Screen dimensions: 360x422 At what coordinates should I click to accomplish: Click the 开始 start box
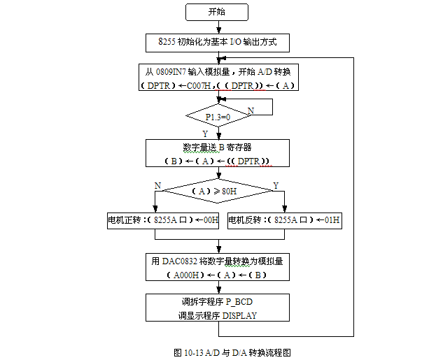click(217, 12)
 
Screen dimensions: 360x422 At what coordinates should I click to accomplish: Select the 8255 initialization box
click(218, 43)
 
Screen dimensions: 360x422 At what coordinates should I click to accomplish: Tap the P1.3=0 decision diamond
click(218, 116)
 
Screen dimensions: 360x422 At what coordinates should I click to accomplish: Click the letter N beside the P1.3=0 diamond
click(251, 110)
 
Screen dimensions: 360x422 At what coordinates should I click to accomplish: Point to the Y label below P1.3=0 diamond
click(205, 133)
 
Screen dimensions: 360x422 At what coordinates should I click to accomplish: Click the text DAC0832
click(180, 261)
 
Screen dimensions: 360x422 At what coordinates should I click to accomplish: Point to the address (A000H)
click(185, 275)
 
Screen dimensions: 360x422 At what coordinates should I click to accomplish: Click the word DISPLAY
click(240, 315)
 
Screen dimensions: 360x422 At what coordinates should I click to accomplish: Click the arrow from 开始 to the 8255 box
click(218, 27)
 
